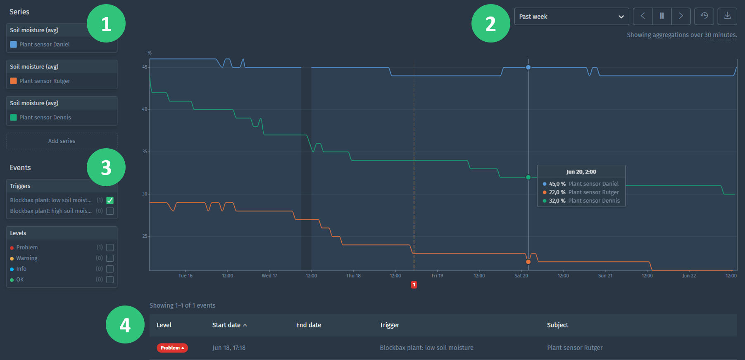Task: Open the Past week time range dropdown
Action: click(x=571, y=17)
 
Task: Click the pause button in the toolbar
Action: click(x=662, y=16)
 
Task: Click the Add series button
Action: click(x=62, y=141)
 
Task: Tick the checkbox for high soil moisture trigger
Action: click(x=110, y=211)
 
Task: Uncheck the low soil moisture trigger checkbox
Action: click(x=110, y=200)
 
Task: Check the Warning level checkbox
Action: click(x=110, y=258)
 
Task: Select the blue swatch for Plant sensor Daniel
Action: click(x=14, y=44)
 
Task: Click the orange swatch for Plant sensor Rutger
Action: click(x=14, y=81)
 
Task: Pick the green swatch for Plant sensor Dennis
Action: click(x=14, y=117)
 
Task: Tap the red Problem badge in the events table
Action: click(x=172, y=348)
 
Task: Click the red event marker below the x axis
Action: click(x=414, y=284)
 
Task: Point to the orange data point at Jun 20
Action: click(x=528, y=262)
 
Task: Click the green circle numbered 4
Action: click(x=125, y=324)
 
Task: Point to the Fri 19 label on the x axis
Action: click(x=437, y=276)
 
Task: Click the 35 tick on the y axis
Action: click(x=145, y=152)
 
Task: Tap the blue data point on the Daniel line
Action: click(x=528, y=67)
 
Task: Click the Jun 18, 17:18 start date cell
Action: click(x=229, y=348)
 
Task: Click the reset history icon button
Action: click(x=704, y=16)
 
